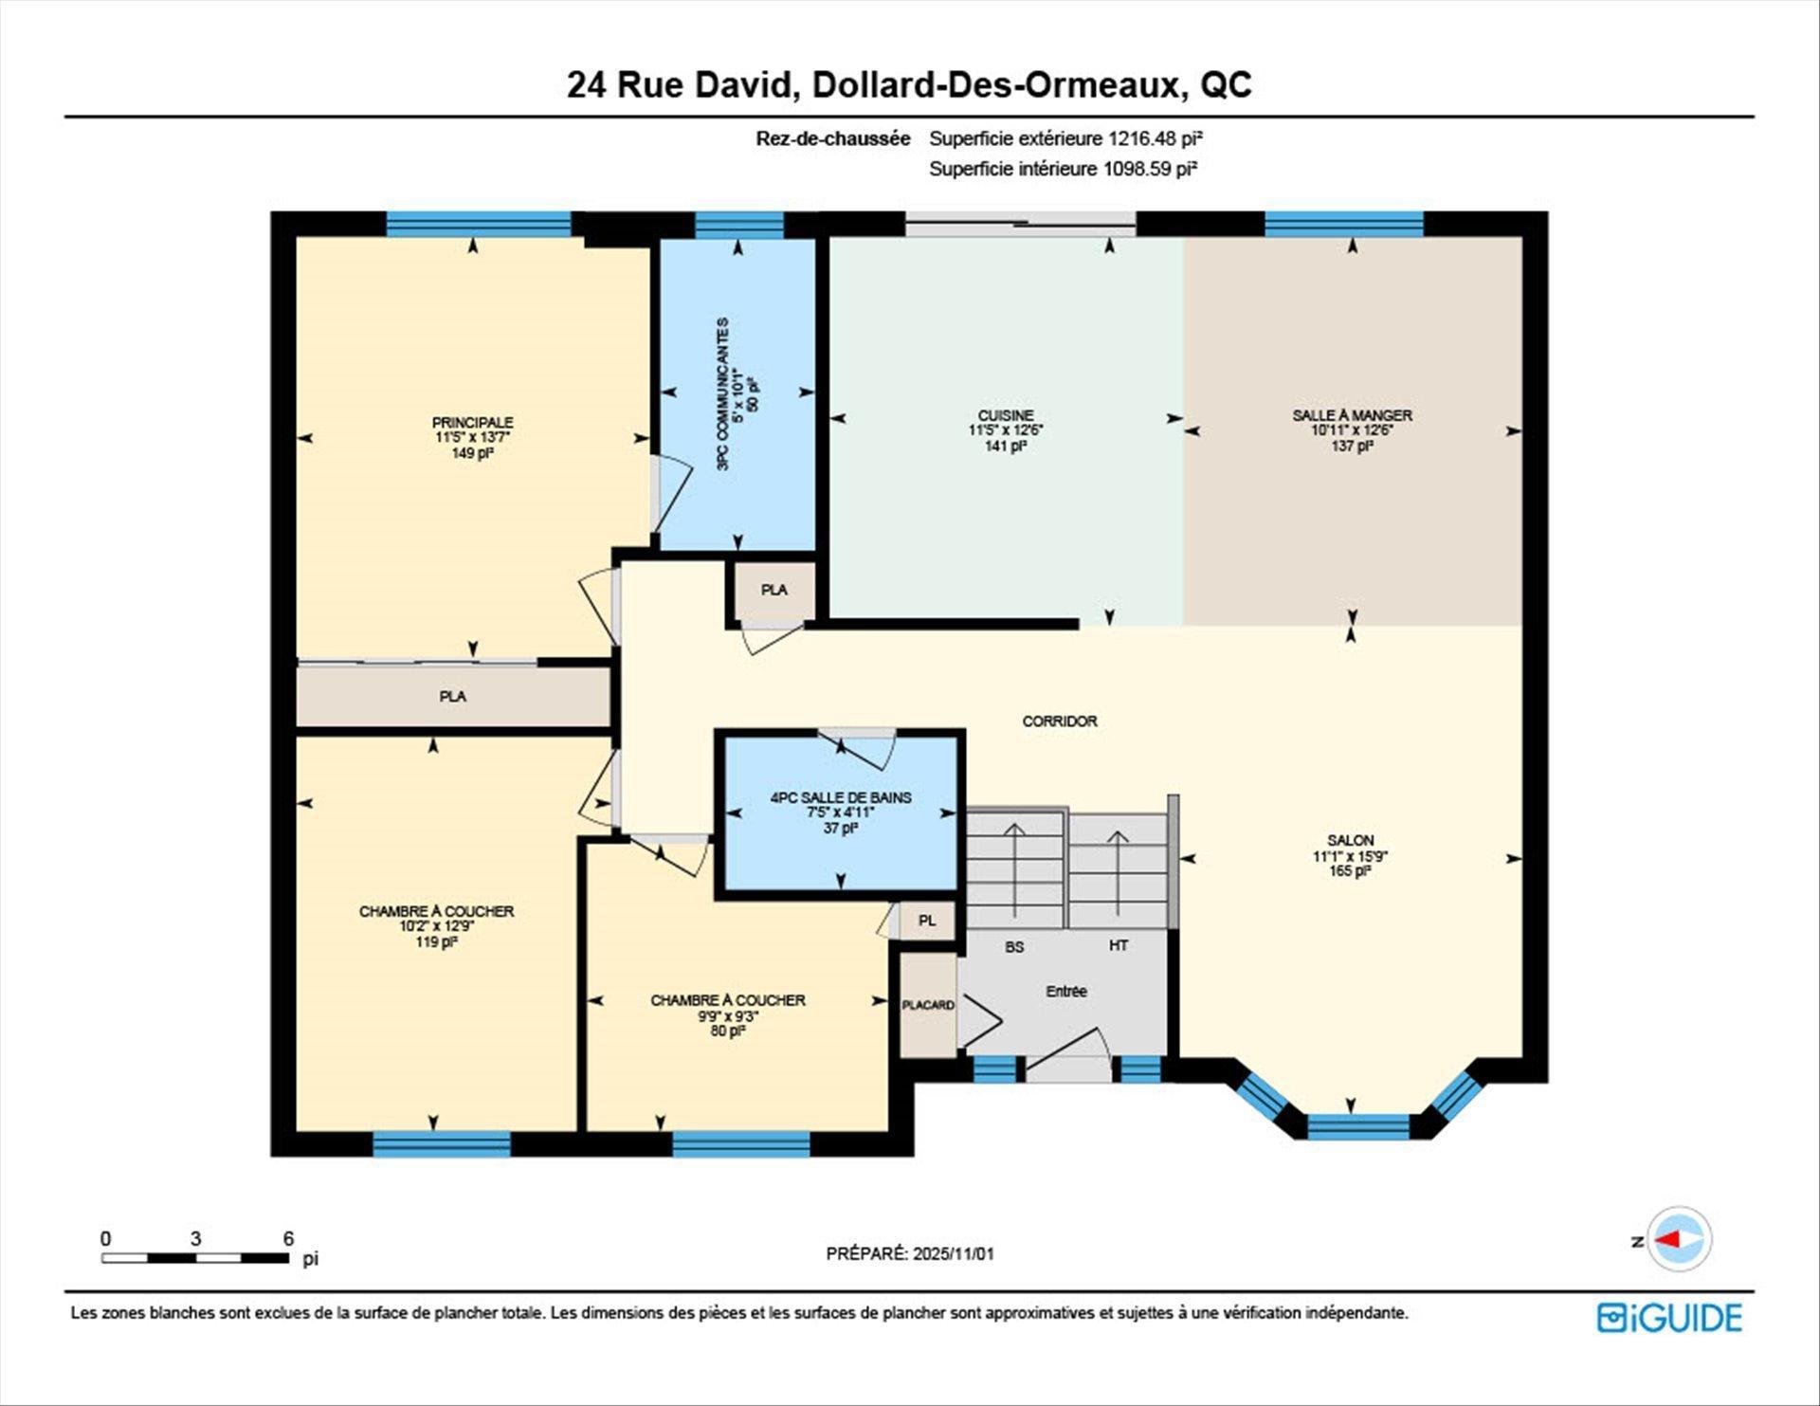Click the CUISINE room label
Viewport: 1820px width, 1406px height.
tap(1006, 415)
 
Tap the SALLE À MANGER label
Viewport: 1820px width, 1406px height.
tap(1352, 415)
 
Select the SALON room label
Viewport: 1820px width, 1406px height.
tap(1350, 840)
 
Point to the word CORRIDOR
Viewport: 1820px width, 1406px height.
tap(1060, 721)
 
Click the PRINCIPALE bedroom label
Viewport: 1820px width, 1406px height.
tap(472, 423)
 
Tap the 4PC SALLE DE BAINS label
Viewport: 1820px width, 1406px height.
tap(841, 798)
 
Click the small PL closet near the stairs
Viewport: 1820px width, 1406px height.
tap(927, 921)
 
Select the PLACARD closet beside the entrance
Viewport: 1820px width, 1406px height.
tap(927, 1005)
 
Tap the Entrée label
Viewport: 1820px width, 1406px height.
tap(1066, 992)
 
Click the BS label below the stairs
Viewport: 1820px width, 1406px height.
tap(1014, 947)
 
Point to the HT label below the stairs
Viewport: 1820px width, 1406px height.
tap(1119, 946)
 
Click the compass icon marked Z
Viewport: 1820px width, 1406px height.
tap(1679, 1239)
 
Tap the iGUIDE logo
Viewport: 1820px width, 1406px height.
tap(1669, 1318)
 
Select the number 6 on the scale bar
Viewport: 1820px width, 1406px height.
tap(288, 1238)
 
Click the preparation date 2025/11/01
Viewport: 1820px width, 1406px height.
tap(953, 1253)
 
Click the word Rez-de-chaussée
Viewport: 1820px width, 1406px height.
tap(832, 138)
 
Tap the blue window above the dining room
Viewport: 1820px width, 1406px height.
tap(1343, 224)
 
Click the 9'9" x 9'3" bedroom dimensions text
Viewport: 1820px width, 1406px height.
tap(728, 1016)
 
